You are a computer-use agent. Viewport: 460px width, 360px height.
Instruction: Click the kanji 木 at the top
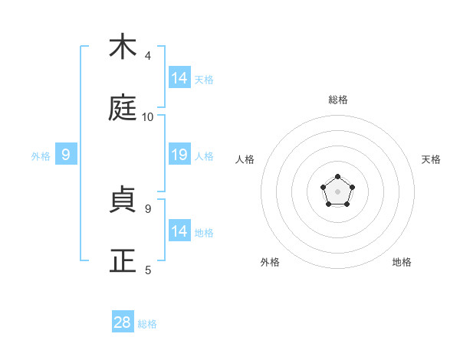click(123, 47)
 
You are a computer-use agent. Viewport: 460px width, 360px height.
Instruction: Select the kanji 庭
click(123, 109)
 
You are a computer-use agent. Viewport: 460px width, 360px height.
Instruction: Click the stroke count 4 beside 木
click(147, 56)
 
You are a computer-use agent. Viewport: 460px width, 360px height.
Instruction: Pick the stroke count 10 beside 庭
click(148, 117)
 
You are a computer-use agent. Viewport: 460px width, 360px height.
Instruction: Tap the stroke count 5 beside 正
click(147, 270)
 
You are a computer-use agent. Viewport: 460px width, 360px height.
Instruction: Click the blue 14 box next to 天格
click(179, 77)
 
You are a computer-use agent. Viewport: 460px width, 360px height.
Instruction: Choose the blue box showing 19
click(179, 155)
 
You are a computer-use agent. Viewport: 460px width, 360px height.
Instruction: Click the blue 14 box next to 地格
click(179, 231)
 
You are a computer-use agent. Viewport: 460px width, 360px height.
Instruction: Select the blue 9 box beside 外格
click(66, 155)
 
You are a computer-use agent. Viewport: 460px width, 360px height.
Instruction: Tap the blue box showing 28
click(123, 322)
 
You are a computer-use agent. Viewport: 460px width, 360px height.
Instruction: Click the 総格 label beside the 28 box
click(147, 324)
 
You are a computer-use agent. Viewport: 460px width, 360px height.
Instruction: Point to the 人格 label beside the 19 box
click(204, 156)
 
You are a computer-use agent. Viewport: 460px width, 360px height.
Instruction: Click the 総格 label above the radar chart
click(338, 100)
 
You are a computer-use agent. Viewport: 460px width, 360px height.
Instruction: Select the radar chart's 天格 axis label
click(432, 159)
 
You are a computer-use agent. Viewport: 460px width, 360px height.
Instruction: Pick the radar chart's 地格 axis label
click(402, 262)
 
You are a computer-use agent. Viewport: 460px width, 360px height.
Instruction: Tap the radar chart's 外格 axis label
click(270, 262)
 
